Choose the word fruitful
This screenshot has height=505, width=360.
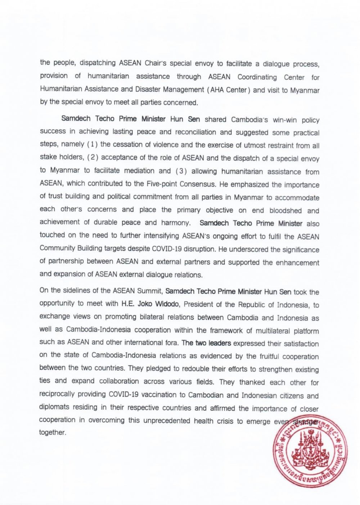pyautogui.click(x=272, y=356)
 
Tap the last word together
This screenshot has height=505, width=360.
pyautogui.click(x=53, y=433)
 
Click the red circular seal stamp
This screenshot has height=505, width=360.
pyautogui.click(x=310, y=450)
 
